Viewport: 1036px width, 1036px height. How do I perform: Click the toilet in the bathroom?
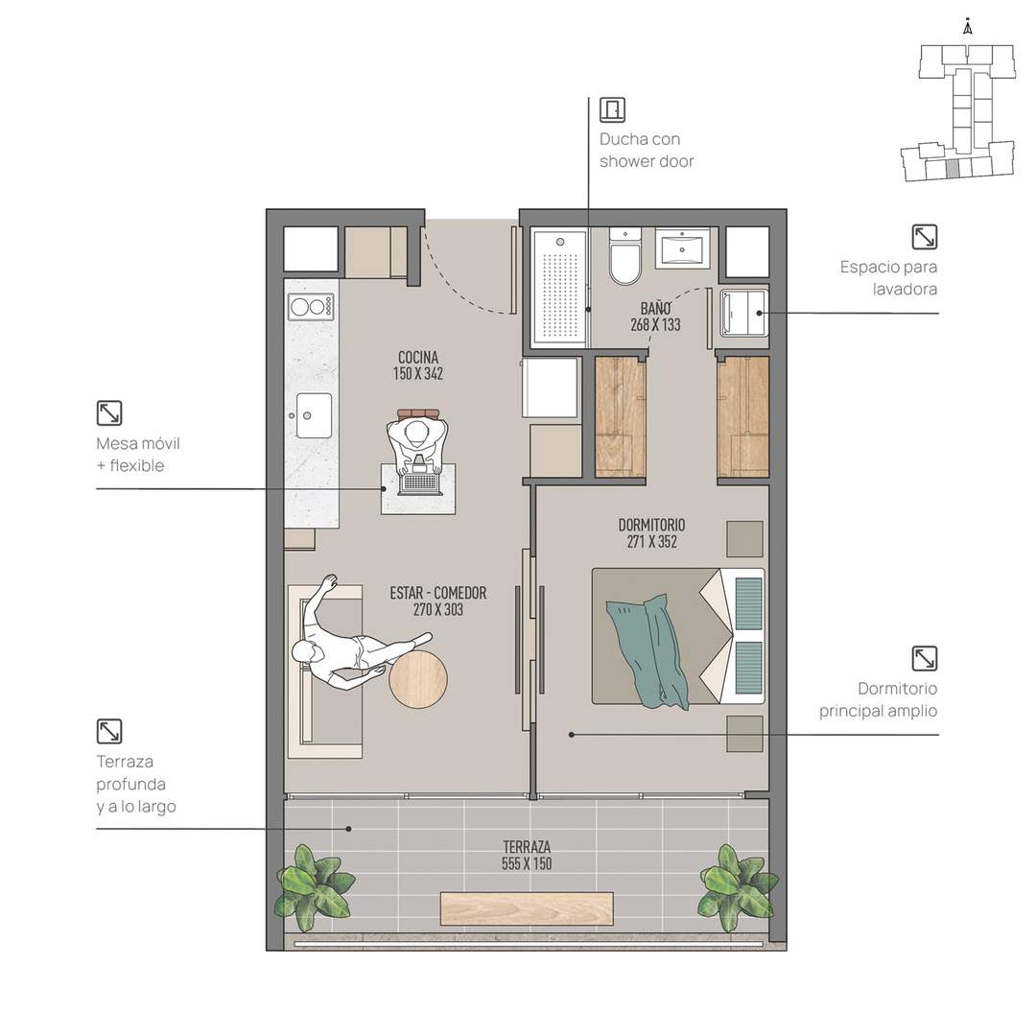click(x=625, y=256)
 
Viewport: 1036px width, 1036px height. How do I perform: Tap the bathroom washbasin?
click(x=682, y=248)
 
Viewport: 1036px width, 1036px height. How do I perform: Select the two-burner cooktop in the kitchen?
click(x=311, y=307)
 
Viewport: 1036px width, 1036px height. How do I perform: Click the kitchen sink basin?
click(x=314, y=415)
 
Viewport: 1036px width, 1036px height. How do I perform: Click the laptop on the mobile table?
click(x=419, y=481)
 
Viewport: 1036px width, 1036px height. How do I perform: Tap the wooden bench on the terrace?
click(x=527, y=908)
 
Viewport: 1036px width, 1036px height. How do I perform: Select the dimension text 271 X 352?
click(x=652, y=542)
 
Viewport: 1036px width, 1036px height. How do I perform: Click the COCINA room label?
click(x=418, y=358)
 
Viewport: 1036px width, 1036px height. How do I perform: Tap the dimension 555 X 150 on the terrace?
click(x=527, y=863)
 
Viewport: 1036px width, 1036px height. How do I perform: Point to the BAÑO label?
click(x=655, y=308)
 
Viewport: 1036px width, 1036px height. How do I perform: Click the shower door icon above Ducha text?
click(x=612, y=109)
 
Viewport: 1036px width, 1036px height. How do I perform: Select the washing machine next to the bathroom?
click(x=744, y=313)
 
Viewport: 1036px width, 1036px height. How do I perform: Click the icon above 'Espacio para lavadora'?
click(x=925, y=237)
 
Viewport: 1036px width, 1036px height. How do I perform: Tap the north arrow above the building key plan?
click(x=968, y=27)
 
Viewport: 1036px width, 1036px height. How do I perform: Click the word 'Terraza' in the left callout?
click(x=125, y=762)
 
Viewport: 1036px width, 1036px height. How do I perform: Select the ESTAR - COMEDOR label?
click(x=438, y=593)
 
